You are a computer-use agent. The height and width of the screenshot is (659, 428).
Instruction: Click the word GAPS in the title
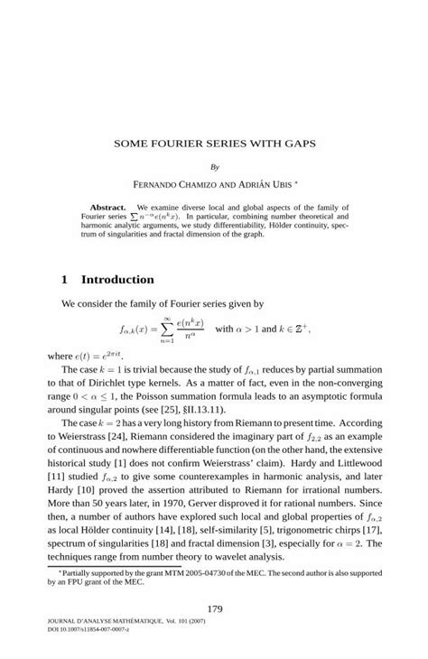(x=302, y=143)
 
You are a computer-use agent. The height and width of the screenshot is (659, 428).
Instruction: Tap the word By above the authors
(x=214, y=167)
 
